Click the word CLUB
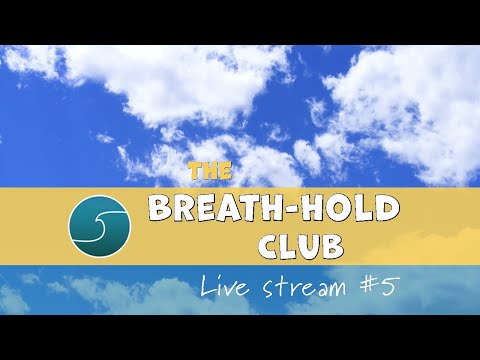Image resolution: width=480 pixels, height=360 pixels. click(301, 246)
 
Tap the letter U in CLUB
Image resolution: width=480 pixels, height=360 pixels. click(312, 246)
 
